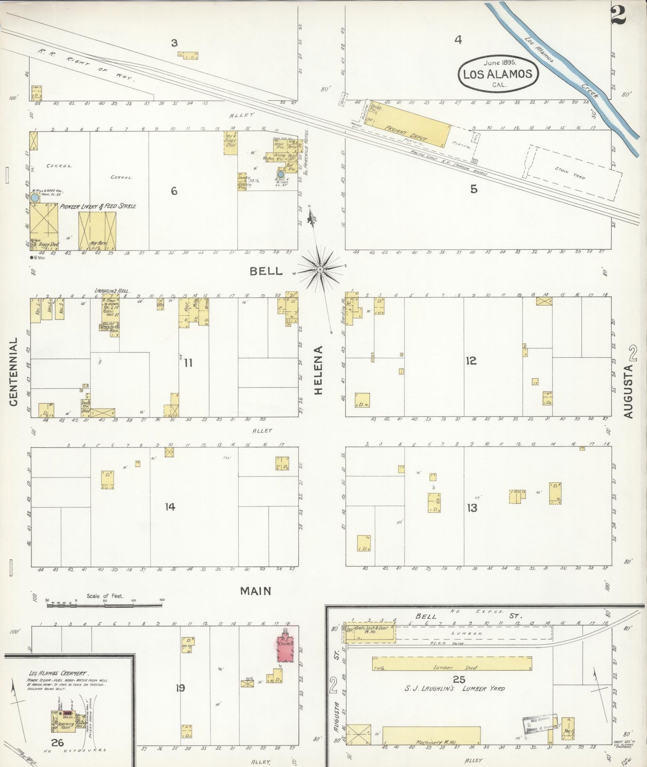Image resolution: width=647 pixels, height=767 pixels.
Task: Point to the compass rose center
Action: point(321,270)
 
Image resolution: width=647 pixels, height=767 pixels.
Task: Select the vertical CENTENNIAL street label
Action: point(13,372)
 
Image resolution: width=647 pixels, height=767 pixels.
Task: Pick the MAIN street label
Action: point(256,591)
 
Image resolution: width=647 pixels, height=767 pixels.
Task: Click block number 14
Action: point(170,507)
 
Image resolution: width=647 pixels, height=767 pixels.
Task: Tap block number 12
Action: point(471,361)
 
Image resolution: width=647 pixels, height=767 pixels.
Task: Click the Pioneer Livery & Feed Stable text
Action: point(98,206)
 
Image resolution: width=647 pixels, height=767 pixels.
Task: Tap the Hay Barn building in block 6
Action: point(97,230)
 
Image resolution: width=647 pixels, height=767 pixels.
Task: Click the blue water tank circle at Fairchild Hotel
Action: point(281,175)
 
